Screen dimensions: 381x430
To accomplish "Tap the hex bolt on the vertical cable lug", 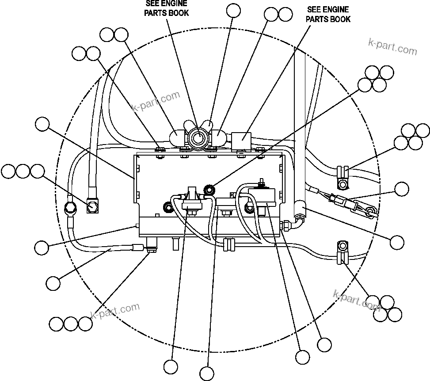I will click(93, 206).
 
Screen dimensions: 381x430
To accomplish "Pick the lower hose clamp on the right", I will click(343, 252).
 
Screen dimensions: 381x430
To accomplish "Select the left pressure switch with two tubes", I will click(191, 200).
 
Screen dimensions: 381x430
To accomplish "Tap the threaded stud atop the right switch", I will click(261, 182).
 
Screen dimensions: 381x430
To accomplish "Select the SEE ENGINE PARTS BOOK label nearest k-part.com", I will click(328, 14).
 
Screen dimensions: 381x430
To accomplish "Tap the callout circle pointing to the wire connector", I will click(402, 189).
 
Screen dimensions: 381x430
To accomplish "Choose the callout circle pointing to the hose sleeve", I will click(397, 242).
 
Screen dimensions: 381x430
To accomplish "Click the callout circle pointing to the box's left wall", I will click(42, 125).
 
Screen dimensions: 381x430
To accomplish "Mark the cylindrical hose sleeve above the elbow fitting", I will click(301, 206).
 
